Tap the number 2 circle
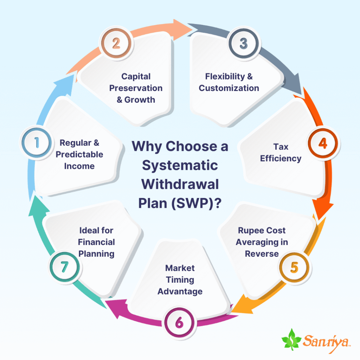(x=116, y=44)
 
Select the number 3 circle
(x=243, y=44)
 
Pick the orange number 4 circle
(x=323, y=143)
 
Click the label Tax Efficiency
(x=281, y=152)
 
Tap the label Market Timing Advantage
(x=180, y=279)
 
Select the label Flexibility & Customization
(x=229, y=82)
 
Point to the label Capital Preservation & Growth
(x=136, y=88)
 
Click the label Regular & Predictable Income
(x=79, y=154)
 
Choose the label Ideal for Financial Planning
(x=96, y=242)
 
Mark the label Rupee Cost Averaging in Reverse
(x=262, y=242)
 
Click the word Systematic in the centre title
(x=180, y=165)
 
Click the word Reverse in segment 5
(x=262, y=253)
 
